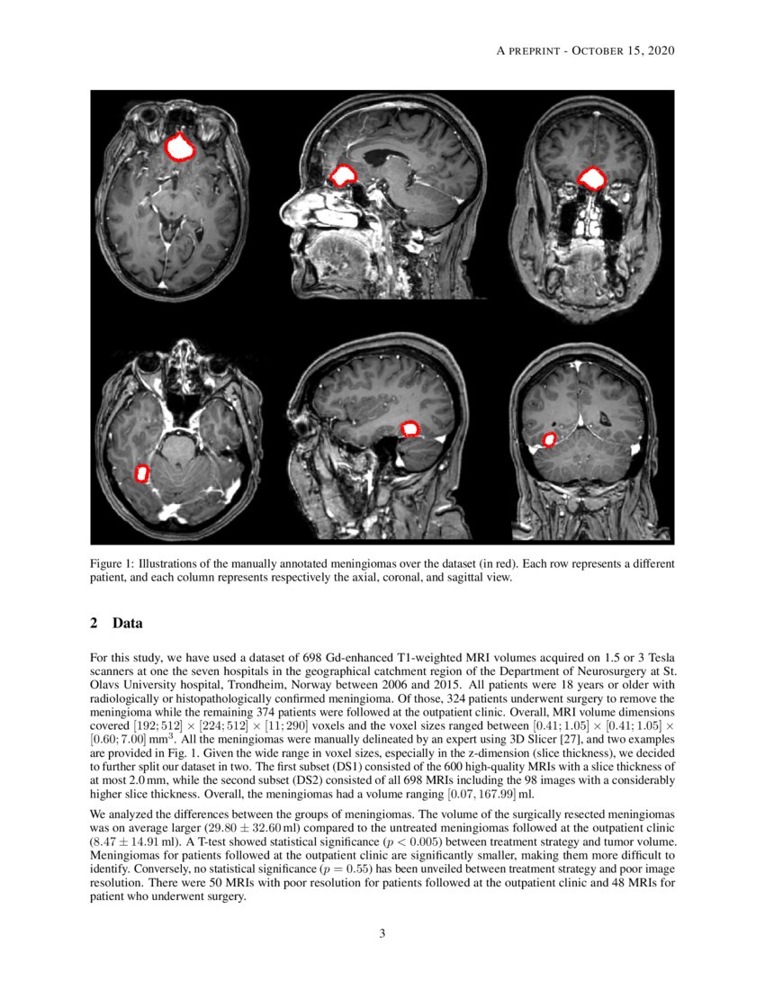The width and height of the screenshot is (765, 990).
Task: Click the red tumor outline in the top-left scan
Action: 182,147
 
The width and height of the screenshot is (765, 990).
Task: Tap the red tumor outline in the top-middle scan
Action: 343,175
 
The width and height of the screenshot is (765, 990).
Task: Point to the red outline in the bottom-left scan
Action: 141,472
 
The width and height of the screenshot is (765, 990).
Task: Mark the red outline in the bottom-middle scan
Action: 410,429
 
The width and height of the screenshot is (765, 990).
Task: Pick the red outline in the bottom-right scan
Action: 549,439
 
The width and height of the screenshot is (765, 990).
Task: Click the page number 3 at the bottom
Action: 382,933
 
